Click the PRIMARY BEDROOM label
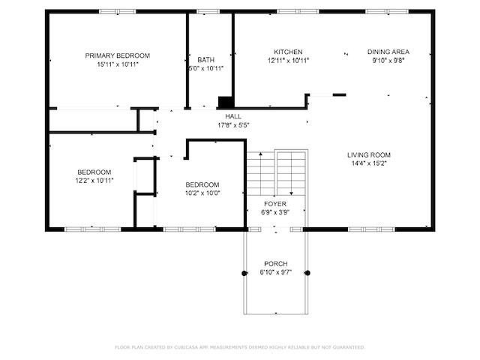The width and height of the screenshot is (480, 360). coord(118,55)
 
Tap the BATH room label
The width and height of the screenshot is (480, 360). coord(205,60)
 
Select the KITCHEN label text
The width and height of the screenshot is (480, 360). coord(288,52)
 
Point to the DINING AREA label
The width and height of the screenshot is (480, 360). coord(388,52)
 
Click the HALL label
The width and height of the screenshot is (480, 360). coord(233,117)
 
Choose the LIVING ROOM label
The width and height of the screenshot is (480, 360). coord(369,155)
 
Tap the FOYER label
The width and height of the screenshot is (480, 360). coord(275,204)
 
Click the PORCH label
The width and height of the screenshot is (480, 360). coord(276,264)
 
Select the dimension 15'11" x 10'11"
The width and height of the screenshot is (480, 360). coord(118,64)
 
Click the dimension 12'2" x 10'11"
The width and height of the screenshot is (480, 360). coord(94,181)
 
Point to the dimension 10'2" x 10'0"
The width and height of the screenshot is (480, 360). coord(202,193)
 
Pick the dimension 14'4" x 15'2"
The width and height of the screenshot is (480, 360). coord(369,163)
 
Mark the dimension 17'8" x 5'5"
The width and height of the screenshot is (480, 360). coord(233,125)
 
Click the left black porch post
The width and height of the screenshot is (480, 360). coord(244,273)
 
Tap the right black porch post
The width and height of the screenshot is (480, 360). coord(307,273)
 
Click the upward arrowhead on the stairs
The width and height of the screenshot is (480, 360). coord(260,154)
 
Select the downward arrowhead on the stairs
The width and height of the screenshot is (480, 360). coord(292,193)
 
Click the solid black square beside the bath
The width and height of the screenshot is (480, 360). coord(226,102)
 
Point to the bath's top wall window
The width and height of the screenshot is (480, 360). coord(208,12)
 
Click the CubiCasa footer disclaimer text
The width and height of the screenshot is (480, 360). coord(240,347)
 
